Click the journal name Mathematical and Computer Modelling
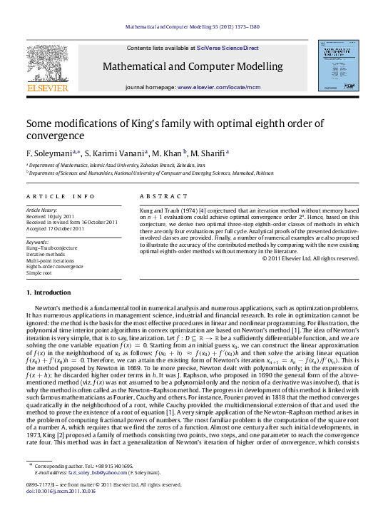193,66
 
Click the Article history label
40,210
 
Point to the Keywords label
36,242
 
